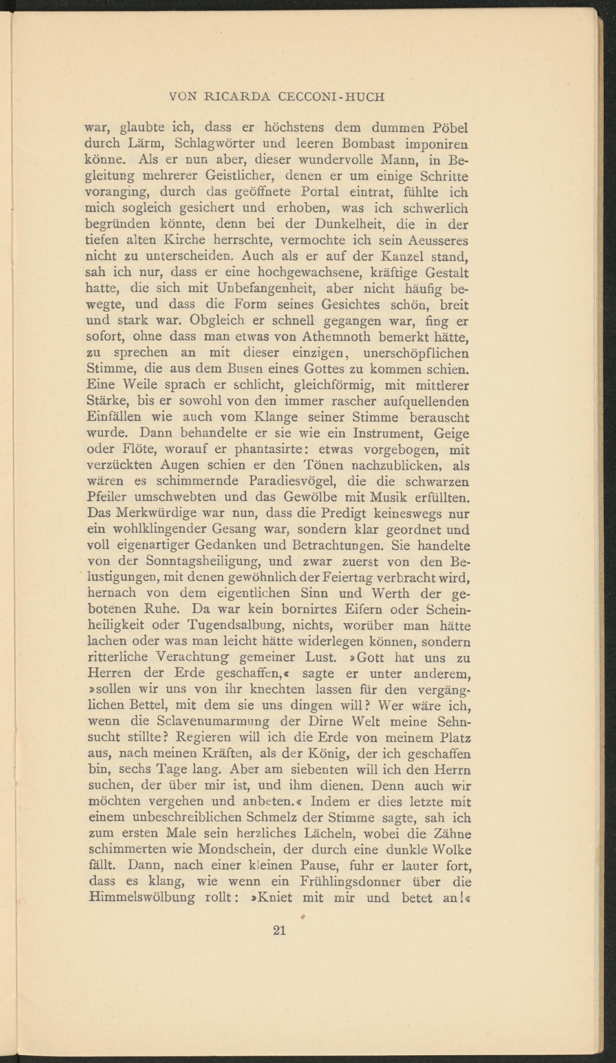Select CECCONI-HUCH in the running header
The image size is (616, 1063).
pyautogui.click(x=331, y=98)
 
